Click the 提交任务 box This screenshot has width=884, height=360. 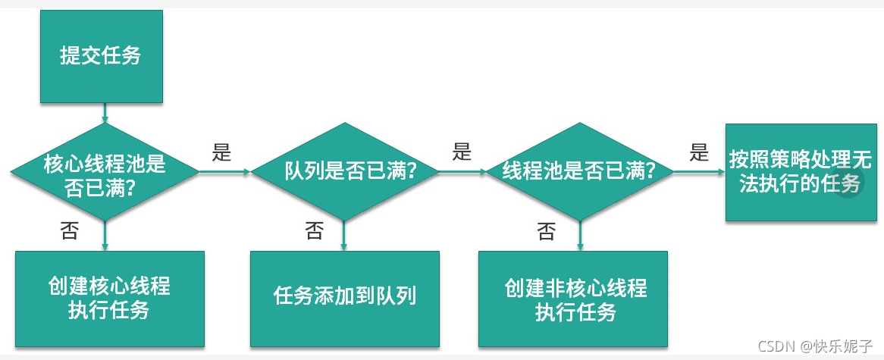101,57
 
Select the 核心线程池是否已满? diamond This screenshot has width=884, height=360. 104,173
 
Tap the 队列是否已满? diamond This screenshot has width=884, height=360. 344,172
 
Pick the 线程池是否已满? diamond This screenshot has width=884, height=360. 579,172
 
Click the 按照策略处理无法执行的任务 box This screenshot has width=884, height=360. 795,172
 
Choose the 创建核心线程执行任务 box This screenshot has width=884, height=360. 109,299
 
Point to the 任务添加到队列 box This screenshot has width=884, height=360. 345,296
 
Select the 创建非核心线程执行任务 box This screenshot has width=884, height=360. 573,299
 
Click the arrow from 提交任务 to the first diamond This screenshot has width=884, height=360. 104,114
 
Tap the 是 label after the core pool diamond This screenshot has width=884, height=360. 221,152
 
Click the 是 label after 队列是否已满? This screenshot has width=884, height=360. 462,152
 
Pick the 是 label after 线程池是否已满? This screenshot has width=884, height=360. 698,152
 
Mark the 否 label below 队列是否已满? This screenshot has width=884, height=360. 313,230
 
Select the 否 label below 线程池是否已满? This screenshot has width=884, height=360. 545,232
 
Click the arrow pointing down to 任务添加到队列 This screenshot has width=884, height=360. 344,235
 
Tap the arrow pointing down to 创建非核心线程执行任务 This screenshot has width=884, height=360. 579,235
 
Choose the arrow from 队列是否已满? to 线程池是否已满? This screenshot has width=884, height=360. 462,172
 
